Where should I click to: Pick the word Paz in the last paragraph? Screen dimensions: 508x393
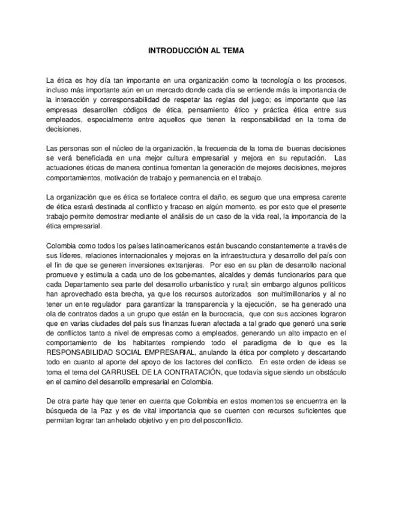[x=121, y=411]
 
